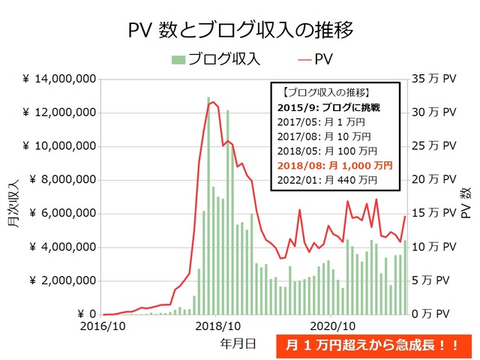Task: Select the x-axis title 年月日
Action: point(238,343)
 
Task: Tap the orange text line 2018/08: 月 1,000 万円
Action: point(334,165)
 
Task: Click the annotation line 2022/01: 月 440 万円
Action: point(327,179)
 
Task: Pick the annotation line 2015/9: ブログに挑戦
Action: point(328,108)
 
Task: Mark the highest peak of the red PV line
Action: point(213,102)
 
